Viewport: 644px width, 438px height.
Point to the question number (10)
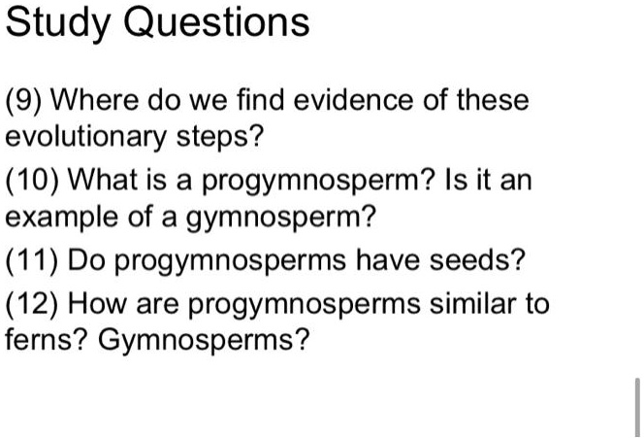32,181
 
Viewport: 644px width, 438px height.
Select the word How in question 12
98,304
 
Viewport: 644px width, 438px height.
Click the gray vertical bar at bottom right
637,407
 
